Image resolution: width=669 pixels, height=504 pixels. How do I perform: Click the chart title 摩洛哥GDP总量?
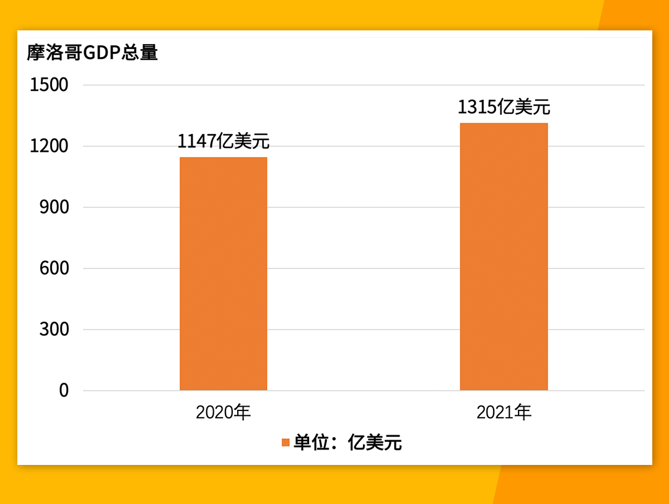click(92, 53)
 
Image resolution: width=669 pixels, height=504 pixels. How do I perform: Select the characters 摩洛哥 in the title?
click(55, 53)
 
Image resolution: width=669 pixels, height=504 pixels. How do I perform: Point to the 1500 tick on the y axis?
click(49, 85)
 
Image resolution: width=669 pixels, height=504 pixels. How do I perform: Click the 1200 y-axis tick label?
click(49, 146)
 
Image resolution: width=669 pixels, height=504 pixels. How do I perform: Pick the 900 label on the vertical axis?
click(54, 207)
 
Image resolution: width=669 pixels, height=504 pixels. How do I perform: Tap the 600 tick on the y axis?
click(54, 268)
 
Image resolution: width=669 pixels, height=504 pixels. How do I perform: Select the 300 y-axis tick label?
click(54, 329)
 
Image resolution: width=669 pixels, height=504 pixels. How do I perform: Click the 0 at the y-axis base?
click(64, 391)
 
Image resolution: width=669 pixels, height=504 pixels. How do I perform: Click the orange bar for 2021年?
click(504, 257)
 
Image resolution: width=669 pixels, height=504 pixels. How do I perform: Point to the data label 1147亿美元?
click(224, 141)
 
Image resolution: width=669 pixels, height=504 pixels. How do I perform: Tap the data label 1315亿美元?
click(504, 107)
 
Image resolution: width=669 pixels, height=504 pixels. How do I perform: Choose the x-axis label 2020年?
click(224, 412)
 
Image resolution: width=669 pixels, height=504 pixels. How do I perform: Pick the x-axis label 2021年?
click(504, 412)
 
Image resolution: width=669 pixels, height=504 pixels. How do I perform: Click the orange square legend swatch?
click(286, 443)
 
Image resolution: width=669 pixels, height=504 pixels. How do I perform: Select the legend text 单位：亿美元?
click(348, 443)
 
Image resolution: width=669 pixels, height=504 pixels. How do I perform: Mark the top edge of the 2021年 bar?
click(504, 123)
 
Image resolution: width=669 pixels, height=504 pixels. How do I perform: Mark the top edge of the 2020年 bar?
click(224, 157)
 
